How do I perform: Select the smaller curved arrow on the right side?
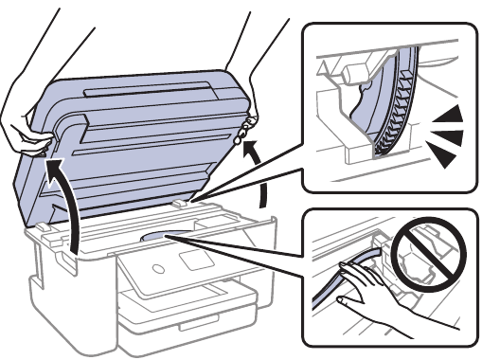point(258,171)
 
